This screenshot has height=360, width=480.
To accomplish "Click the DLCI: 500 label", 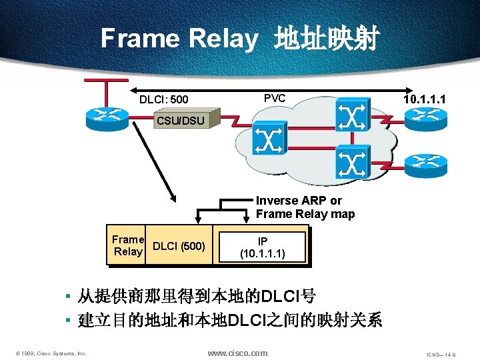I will coord(163,100).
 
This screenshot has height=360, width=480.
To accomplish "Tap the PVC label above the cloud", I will coord(275,99).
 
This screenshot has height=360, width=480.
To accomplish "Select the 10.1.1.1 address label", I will coord(425,99).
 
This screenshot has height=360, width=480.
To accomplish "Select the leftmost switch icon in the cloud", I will coord(269,139).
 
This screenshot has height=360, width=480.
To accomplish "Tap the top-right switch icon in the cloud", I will coord(351,115).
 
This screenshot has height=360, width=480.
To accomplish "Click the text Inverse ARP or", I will coord(299,201).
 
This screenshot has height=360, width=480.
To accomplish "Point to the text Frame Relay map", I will coord(305,214).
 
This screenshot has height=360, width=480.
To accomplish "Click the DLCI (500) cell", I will coord(179,246).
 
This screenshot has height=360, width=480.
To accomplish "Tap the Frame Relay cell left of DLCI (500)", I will coord(128,245).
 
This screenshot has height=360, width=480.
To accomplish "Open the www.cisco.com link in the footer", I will coord(237,353).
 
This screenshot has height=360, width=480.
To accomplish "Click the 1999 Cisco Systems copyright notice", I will coord(52,353).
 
